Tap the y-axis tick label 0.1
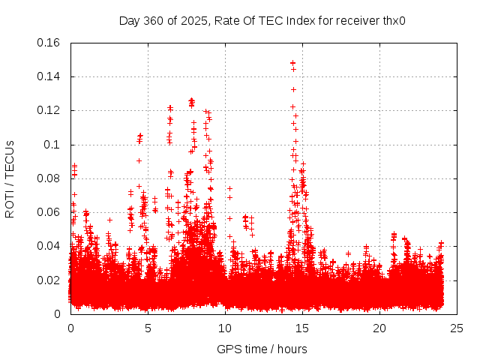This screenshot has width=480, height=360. click(x=54, y=144)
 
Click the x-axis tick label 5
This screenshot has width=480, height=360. click(x=148, y=328)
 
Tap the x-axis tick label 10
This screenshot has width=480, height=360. click(x=225, y=328)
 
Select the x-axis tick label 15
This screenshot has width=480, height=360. click(x=302, y=328)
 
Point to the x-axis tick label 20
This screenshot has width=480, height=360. click(x=379, y=328)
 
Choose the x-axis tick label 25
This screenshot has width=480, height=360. click(x=457, y=328)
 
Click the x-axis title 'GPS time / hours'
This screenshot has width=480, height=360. click(x=262, y=349)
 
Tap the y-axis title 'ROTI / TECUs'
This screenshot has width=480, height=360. click(x=10, y=178)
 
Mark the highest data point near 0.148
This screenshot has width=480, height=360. click(x=292, y=63)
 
